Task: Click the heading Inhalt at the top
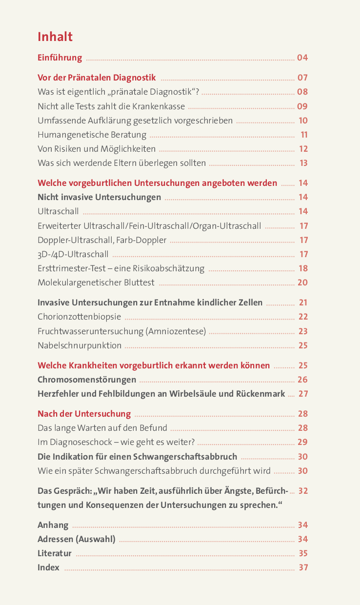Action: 55,37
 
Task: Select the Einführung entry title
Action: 60,58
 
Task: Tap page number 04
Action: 302,58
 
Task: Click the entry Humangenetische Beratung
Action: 92,135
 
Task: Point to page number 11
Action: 304,135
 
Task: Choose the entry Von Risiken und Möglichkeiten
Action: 97,149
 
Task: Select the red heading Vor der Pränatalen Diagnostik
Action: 97,78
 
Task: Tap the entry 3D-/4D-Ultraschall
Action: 73,254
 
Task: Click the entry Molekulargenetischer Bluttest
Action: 96,282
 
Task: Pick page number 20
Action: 302,282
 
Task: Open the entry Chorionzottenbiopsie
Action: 79,317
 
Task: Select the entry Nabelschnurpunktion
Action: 80,345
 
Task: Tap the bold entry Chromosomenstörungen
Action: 87,380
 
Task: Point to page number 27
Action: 303,394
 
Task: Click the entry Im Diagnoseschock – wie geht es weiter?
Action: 116,442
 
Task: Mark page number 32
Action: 303,491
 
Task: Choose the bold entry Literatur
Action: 55,553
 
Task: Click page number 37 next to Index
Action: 303,567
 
